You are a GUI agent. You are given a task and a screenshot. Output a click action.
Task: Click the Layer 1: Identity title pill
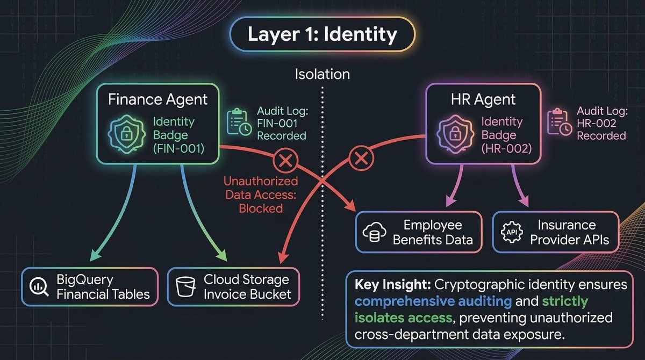click(x=322, y=34)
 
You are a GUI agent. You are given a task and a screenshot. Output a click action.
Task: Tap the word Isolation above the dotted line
click(x=322, y=74)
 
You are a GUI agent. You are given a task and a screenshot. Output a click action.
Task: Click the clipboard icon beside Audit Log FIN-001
click(x=237, y=121)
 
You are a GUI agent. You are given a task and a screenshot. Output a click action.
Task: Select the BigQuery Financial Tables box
click(x=90, y=287)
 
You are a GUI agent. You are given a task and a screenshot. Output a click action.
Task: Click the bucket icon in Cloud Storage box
click(x=185, y=287)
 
